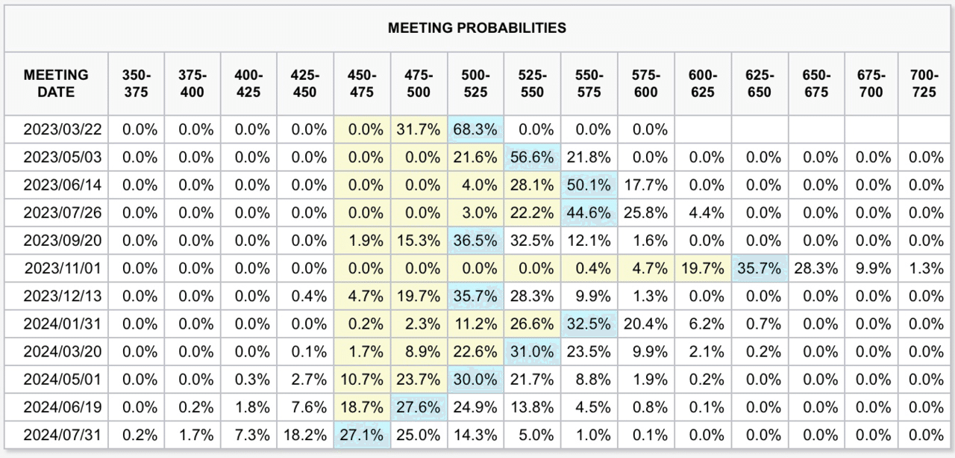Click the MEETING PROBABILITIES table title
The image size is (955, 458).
click(x=477, y=28)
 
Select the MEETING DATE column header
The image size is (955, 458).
click(x=56, y=84)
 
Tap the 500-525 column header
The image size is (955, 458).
click(x=475, y=84)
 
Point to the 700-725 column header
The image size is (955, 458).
click(x=926, y=84)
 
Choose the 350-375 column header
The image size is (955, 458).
click(x=136, y=84)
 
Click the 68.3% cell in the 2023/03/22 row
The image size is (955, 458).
click(x=475, y=129)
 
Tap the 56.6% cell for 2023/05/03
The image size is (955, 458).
click(x=532, y=158)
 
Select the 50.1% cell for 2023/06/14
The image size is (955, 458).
click(x=589, y=185)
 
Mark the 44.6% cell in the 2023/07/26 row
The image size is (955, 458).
click(x=589, y=213)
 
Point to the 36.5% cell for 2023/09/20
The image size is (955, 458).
click(x=475, y=241)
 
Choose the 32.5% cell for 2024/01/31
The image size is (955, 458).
click(x=589, y=324)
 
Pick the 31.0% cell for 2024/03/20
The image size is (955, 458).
click(x=532, y=352)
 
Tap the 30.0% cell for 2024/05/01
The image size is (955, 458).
click(x=475, y=380)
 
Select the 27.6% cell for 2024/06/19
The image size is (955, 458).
click(x=419, y=407)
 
